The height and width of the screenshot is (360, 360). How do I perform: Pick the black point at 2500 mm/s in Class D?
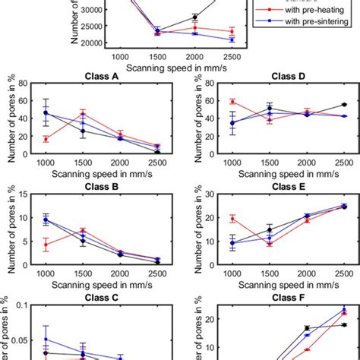click(x=345, y=105)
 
